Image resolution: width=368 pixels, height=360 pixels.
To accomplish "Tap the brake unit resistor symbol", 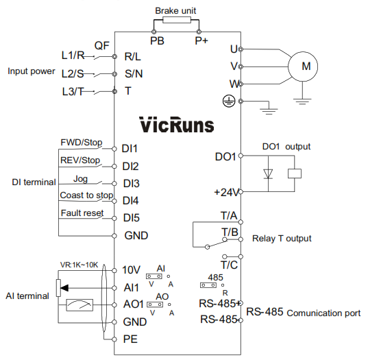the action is click(177, 20).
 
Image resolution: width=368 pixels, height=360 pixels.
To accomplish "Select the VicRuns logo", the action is click(177, 125).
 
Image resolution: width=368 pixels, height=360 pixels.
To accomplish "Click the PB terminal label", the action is click(157, 41).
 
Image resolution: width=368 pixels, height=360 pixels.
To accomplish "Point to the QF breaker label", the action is click(102, 45).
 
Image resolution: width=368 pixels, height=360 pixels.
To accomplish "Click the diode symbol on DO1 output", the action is click(268, 173).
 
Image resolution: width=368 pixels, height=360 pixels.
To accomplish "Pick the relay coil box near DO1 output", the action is click(295, 173).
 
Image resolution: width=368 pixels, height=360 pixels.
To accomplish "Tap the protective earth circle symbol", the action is click(229, 101).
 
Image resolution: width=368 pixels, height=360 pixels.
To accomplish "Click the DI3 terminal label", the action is click(131, 183).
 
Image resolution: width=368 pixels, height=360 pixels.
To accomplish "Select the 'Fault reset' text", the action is click(82, 213).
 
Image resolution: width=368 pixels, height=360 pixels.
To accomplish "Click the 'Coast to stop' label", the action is click(86, 195).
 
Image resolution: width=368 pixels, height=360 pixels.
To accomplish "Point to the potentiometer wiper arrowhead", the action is click(64, 288).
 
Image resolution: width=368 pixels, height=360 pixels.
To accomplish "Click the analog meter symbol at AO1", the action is click(79, 305).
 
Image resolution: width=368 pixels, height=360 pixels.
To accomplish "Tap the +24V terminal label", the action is click(226, 192).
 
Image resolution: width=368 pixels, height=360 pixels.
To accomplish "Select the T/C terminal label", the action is click(230, 265).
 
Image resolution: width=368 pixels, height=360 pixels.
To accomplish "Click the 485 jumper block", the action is click(208, 285).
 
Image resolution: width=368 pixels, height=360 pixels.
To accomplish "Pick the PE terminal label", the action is click(130, 339).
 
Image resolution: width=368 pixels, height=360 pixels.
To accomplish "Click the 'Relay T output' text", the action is click(282, 239).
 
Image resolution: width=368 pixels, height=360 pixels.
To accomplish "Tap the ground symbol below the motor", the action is click(302, 101).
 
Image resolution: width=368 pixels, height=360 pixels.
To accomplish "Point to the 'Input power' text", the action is click(32, 71).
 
